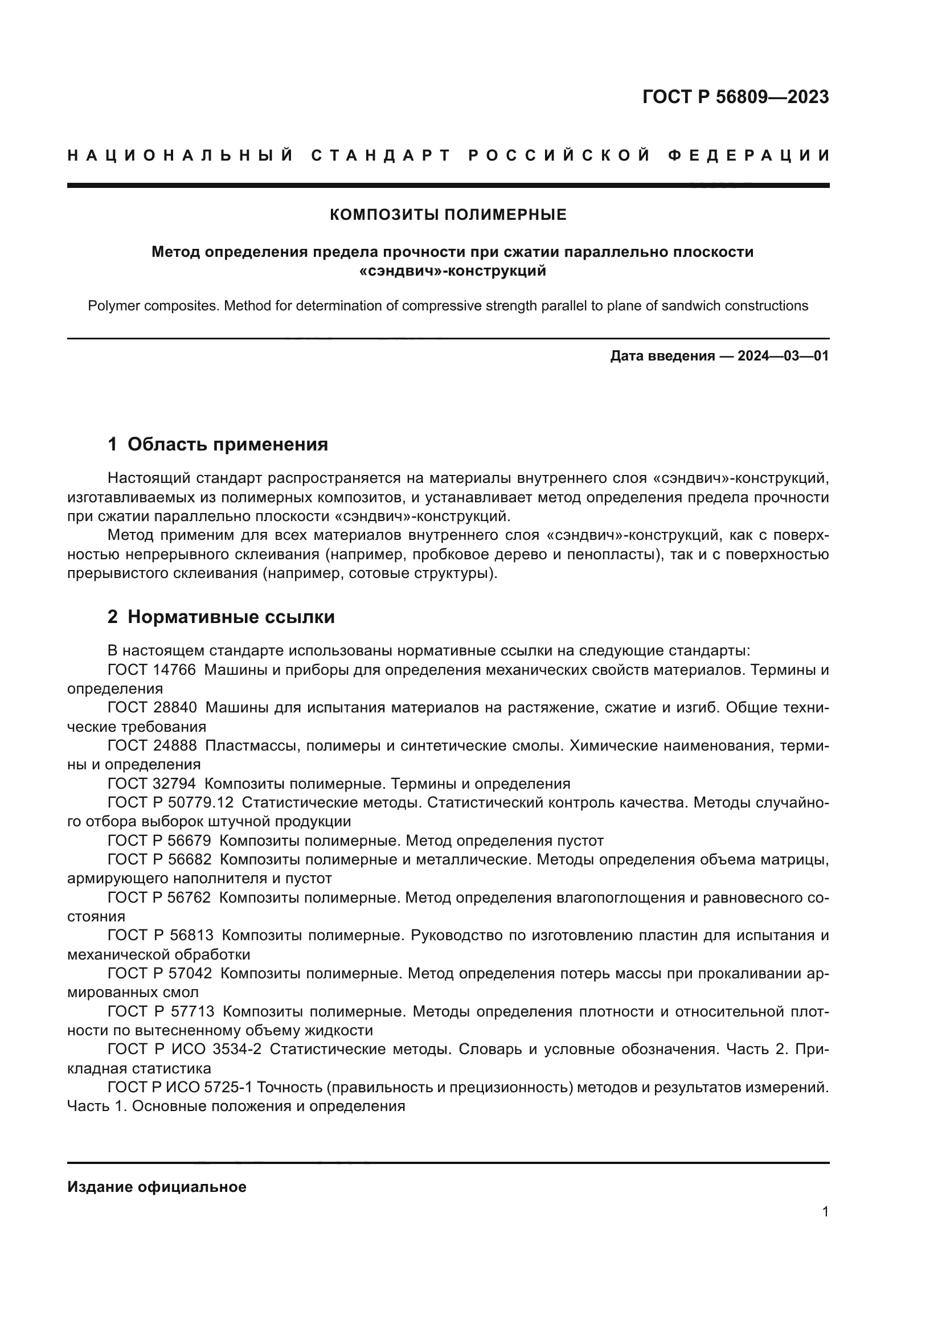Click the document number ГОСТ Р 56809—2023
click(x=735, y=97)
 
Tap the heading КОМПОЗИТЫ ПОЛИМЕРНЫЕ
click(x=448, y=215)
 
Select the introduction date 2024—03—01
click(x=783, y=355)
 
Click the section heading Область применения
click(x=227, y=444)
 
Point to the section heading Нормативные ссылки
click(x=231, y=617)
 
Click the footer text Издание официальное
click(x=157, y=1187)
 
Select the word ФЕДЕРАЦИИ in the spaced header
click(x=749, y=155)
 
